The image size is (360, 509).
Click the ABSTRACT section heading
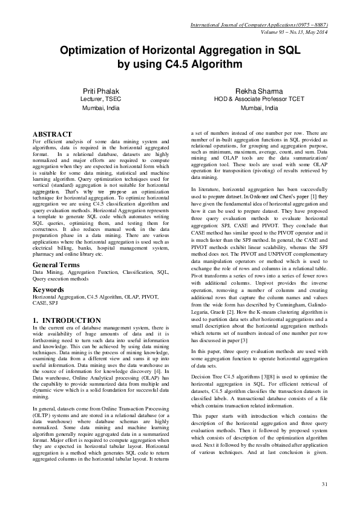(x=52, y=134)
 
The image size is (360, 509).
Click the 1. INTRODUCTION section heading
(x=67, y=320)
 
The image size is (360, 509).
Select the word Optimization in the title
(x=96, y=52)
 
